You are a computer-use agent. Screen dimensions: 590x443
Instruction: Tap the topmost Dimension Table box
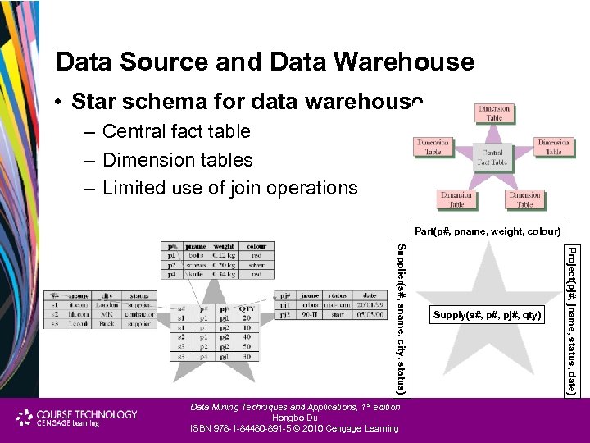click(x=494, y=113)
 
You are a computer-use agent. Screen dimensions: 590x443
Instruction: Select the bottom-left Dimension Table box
click(x=456, y=199)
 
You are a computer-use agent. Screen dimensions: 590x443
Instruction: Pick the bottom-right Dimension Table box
click(x=524, y=199)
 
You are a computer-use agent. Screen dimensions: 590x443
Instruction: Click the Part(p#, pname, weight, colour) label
click(x=487, y=231)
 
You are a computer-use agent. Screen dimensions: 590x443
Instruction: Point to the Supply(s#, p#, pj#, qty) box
click(x=488, y=314)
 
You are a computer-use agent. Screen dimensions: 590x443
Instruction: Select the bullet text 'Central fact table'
click(x=176, y=131)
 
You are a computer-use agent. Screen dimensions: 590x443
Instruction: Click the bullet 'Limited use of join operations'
click(x=229, y=188)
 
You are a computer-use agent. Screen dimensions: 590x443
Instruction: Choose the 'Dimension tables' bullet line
click(x=177, y=160)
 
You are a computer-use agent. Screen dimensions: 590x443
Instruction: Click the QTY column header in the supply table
click(x=245, y=309)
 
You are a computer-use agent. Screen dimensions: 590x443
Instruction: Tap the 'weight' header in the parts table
click(x=224, y=245)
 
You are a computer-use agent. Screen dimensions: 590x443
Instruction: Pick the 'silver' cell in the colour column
click(x=256, y=265)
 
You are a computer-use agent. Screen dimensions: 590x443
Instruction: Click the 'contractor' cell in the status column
click(x=139, y=314)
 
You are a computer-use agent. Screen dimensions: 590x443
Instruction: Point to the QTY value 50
click(x=245, y=348)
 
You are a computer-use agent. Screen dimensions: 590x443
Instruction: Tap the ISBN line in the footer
click(x=295, y=428)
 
